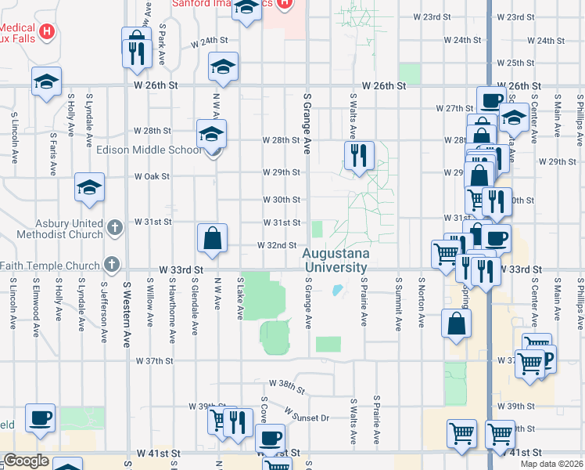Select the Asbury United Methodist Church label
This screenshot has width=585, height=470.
[x=52, y=229]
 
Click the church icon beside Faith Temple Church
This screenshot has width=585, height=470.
[x=113, y=265]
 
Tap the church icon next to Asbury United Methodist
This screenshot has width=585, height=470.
[x=114, y=228]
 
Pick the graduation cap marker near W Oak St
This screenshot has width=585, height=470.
[x=89, y=187]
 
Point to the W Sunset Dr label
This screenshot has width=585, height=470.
[x=306, y=414]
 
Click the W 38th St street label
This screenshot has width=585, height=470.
[x=285, y=385]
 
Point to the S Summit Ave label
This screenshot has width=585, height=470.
[x=399, y=302]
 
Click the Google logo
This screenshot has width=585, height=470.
[x=26, y=461]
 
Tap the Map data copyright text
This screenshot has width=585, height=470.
[x=552, y=464]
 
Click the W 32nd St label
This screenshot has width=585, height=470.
[x=278, y=245]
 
